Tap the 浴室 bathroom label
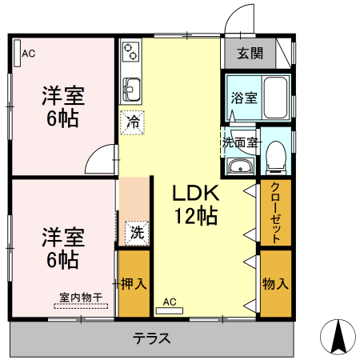[x=244, y=98]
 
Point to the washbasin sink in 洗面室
[x=239, y=166]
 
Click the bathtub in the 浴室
[x=277, y=98]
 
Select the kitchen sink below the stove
[x=131, y=87]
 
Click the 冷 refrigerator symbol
[x=133, y=124]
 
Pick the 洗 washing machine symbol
[x=137, y=234]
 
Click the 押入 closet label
[x=133, y=283]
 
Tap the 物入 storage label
[x=275, y=283]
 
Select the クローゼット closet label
[x=275, y=214]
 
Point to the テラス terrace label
[x=151, y=338]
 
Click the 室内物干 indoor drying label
[x=81, y=298]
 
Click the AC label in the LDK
[x=170, y=302]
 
